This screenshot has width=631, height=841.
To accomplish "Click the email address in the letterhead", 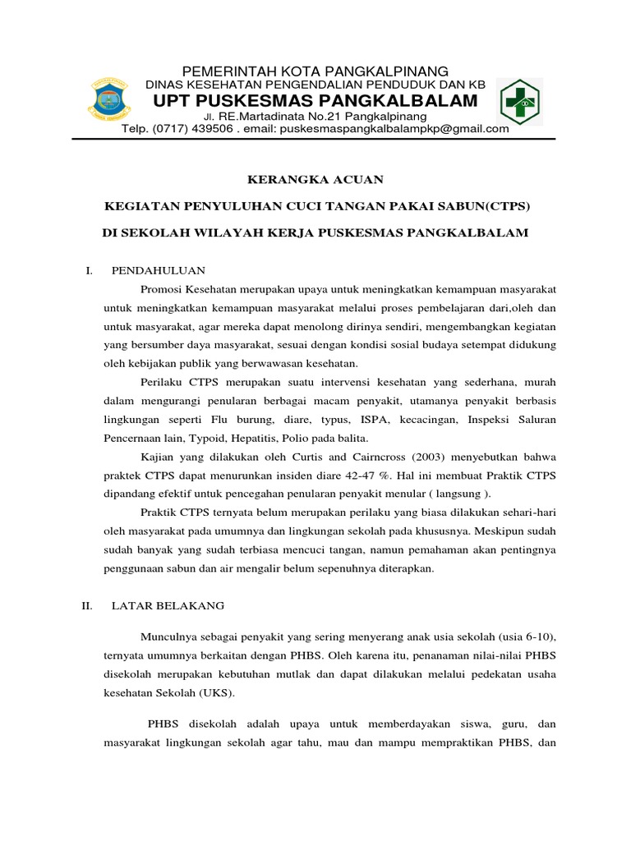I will click(x=394, y=129).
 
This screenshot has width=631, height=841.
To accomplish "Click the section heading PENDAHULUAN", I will click(x=158, y=270).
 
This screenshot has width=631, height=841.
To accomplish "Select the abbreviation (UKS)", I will click(x=215, y=692).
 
